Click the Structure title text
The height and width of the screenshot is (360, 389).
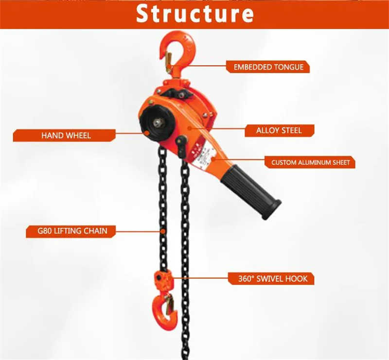[x=194, y=14]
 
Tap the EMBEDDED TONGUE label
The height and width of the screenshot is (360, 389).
[x=268, y=67]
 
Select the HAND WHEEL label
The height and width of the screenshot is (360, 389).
[x=65, y=135]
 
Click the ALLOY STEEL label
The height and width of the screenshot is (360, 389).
[x=279, y=130]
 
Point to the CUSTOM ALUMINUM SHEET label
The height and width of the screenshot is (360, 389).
[x=310, y=162]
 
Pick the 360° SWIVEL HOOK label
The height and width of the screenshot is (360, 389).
[x=271, y=278]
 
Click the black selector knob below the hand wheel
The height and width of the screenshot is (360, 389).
[x=181, y=144]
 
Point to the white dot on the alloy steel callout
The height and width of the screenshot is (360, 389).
[x=191, y=130]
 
